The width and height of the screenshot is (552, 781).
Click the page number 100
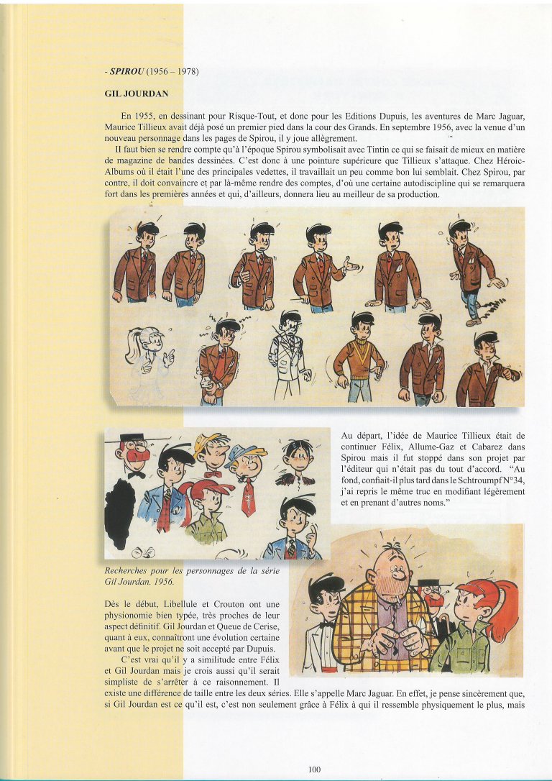click(314, 769)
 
